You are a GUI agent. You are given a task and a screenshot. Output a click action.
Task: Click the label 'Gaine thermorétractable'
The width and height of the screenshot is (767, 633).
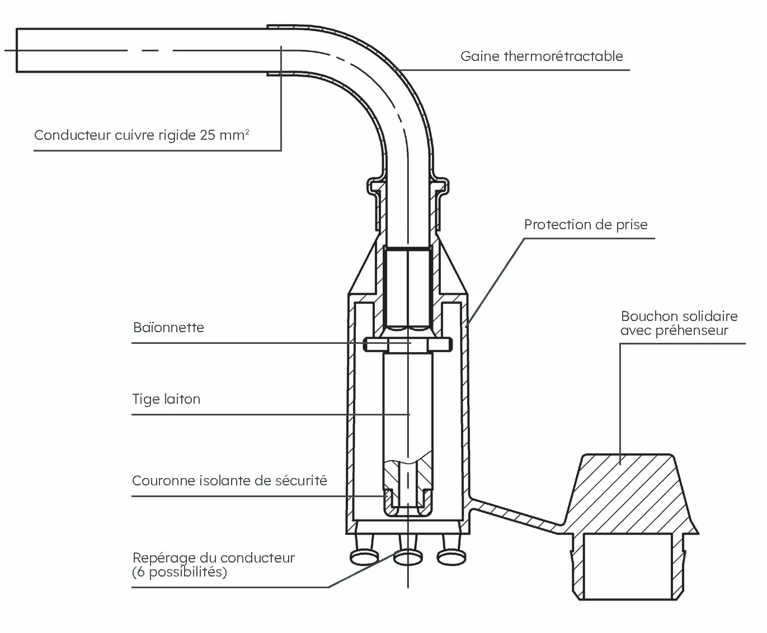[542, 56]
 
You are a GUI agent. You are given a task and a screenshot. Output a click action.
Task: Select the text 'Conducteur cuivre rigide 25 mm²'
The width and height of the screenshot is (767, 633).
[142, 135]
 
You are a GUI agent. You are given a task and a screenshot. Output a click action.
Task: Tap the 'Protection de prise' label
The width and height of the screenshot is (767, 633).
[586, 224]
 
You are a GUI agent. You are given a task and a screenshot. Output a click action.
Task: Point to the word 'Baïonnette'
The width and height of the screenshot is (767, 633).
[168, 327]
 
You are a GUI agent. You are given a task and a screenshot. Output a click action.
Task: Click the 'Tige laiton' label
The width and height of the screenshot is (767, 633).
[166, 399]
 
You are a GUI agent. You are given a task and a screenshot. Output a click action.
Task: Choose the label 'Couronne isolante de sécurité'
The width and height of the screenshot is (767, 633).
[229, 481]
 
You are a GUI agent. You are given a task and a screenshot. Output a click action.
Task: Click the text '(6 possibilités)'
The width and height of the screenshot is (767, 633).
[180, 571]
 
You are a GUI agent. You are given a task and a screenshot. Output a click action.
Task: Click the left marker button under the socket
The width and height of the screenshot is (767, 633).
[364, 558]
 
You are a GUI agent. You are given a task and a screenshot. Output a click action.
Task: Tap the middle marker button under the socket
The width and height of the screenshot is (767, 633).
[408, 558]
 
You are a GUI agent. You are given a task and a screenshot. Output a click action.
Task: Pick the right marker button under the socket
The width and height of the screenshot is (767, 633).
[451, 558]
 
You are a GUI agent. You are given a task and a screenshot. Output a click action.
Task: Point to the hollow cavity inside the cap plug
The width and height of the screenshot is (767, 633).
[628, 566]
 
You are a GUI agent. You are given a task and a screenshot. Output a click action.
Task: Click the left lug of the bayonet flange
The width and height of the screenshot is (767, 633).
[376, 344]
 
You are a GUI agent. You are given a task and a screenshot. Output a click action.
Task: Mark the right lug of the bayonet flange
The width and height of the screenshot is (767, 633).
[440, 344]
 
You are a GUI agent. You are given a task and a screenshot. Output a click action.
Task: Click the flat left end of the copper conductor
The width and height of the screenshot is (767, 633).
[17, 50]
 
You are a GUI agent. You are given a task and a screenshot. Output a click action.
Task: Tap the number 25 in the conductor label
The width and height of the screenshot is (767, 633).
[208, 135]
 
